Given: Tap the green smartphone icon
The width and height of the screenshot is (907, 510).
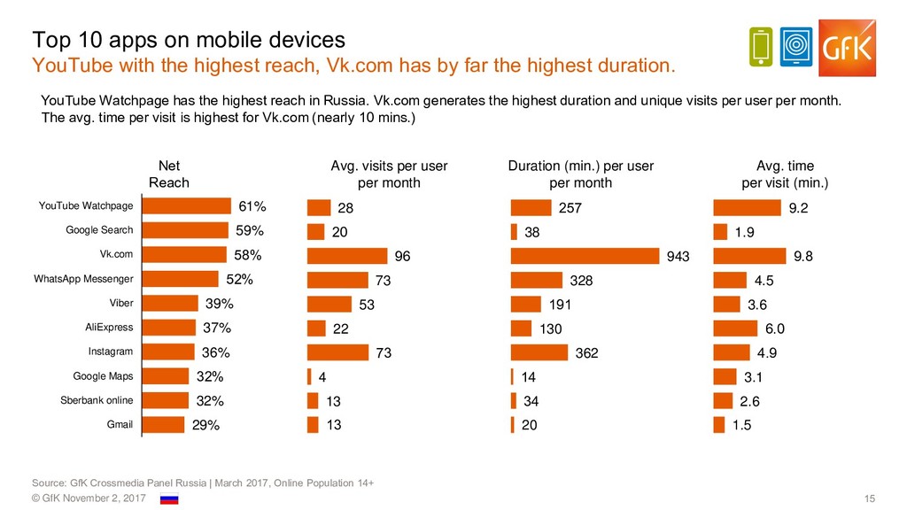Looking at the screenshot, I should point(761,47).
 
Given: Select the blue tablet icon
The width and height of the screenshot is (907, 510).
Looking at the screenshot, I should point(797,47).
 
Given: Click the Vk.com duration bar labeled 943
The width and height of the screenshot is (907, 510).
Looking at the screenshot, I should point(585,256).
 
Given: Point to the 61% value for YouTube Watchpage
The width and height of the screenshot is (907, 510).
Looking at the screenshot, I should point(252,207).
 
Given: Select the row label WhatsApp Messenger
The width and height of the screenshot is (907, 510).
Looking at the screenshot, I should point(83,280).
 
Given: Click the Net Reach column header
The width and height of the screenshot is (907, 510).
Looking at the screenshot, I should point(168,174).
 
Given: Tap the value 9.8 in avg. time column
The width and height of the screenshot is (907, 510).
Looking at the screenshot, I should point(803,256).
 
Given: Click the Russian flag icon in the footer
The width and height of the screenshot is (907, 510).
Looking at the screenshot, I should point(168,500).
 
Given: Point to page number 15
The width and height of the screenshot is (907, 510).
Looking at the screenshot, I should point(868,500).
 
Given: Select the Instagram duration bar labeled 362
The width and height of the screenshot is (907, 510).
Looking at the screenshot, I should point(539,352).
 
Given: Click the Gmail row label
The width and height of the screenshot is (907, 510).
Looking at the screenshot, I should point(120,424).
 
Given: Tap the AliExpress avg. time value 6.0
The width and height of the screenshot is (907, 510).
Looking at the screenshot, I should point(775,328).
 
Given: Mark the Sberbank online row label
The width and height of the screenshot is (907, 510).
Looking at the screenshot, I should point(97,400).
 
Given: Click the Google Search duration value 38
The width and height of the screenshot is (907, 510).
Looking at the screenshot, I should point(531,232).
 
